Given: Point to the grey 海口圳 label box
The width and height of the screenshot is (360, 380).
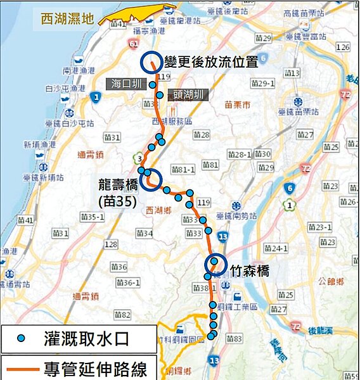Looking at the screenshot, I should click(x=125, y=84).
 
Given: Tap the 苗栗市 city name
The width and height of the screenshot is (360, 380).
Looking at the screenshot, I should click(x=238, y=104).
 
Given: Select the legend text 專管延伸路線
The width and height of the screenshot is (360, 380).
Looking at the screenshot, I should click(x=95, y=368).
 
